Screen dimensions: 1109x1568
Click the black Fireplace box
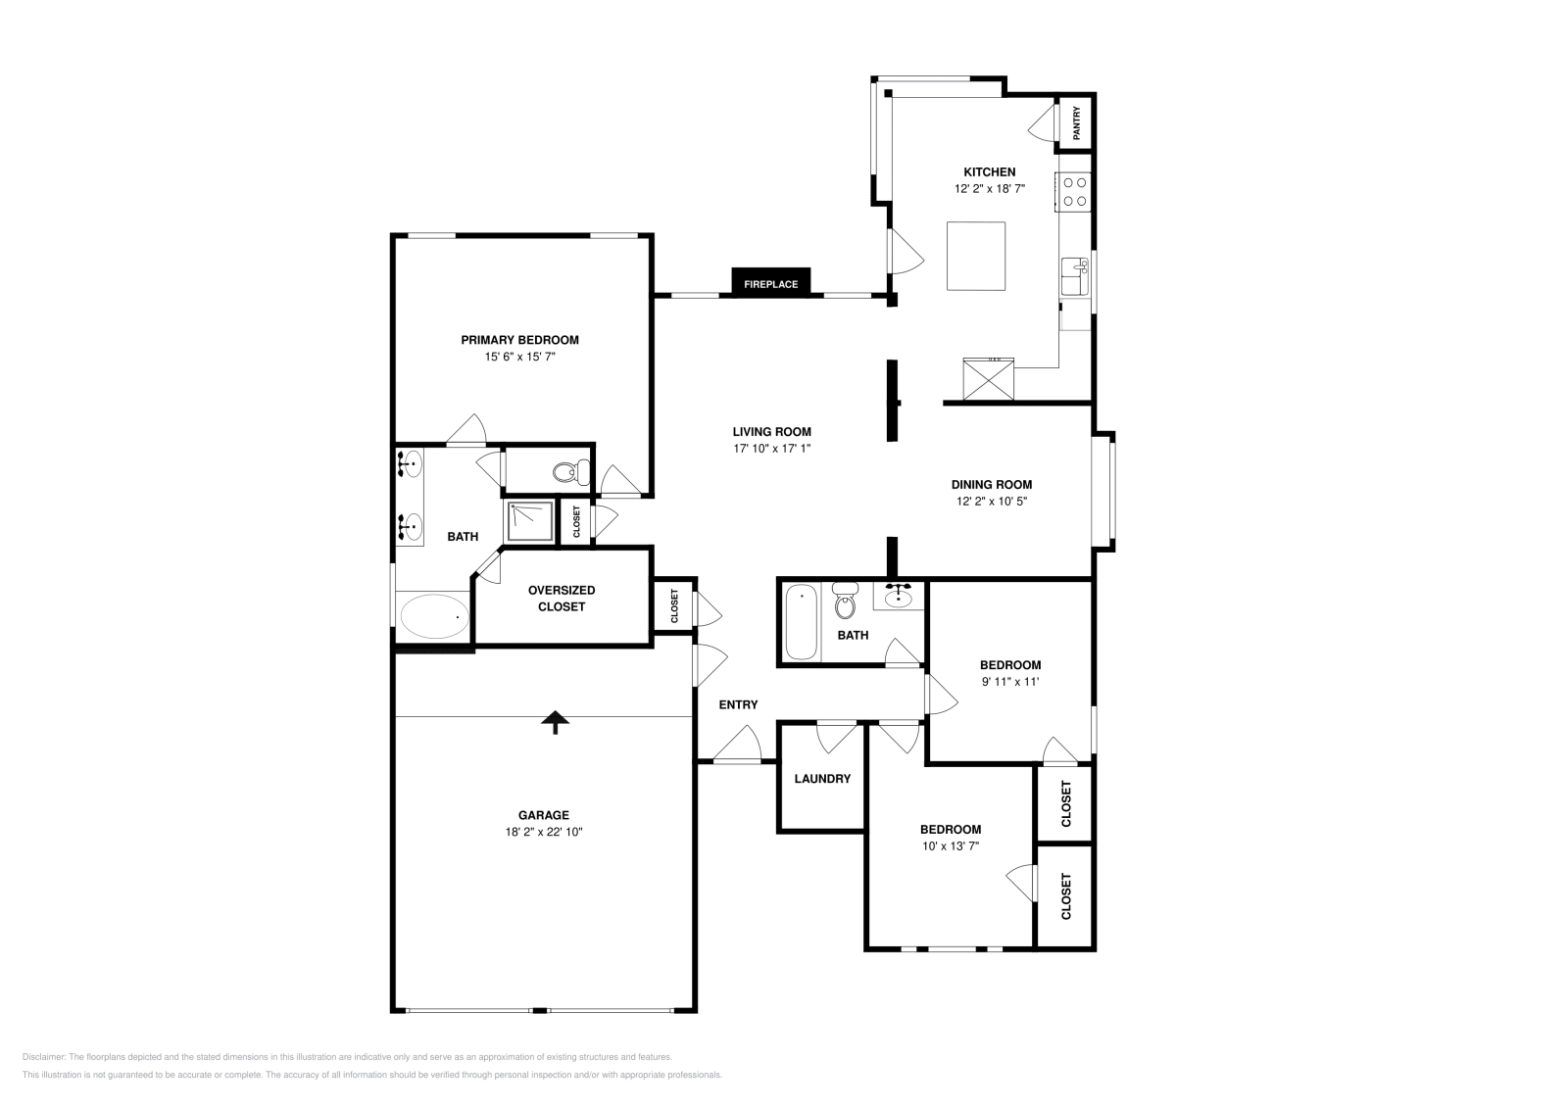770,282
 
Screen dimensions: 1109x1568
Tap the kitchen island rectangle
975,256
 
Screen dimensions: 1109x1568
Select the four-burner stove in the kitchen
1074,191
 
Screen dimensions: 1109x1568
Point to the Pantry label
1076,123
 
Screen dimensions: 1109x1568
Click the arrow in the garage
556,722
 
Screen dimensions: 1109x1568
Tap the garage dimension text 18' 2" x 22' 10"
544,832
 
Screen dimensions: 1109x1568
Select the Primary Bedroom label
519,340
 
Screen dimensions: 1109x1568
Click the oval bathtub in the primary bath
434,616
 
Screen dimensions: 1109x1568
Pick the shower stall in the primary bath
529,520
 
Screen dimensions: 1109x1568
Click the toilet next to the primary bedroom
571,472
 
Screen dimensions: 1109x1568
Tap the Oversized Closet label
561,599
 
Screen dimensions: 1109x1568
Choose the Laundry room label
822,779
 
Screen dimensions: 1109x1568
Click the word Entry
738,704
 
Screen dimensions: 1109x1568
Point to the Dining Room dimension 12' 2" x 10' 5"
991,501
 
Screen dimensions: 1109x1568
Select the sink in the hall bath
899,595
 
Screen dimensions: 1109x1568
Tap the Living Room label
771,431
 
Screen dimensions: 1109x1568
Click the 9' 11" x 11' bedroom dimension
1009,681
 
